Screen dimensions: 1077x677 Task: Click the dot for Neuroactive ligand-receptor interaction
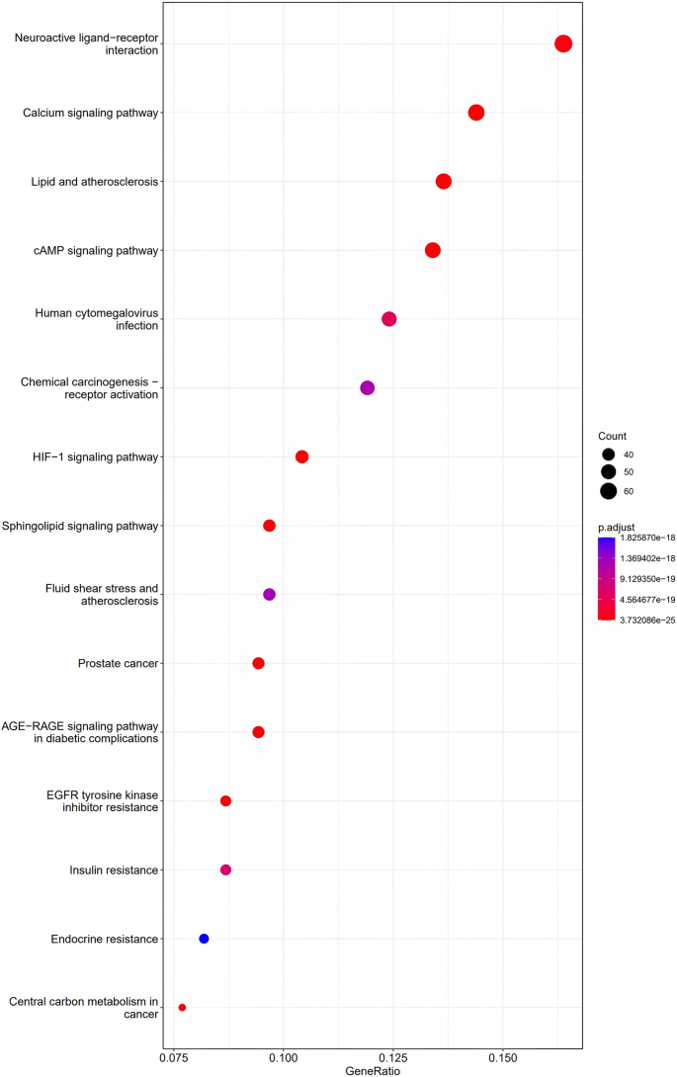point(563,43)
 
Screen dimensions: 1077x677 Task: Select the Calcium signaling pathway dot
point(476,113)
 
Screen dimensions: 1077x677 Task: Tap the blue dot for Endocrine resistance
point(204,939)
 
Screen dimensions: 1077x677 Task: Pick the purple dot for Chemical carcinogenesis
point(368,388)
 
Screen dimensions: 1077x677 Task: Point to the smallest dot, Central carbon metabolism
point(182,1008)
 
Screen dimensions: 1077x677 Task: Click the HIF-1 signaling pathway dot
point(302,456)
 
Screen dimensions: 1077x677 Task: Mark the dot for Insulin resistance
point(225,870)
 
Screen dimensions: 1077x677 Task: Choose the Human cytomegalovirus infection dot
point(389,319)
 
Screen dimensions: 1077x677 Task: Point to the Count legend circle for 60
point(608,491)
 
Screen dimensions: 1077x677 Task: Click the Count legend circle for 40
point(608,455)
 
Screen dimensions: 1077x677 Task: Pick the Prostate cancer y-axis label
point(118,663)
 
